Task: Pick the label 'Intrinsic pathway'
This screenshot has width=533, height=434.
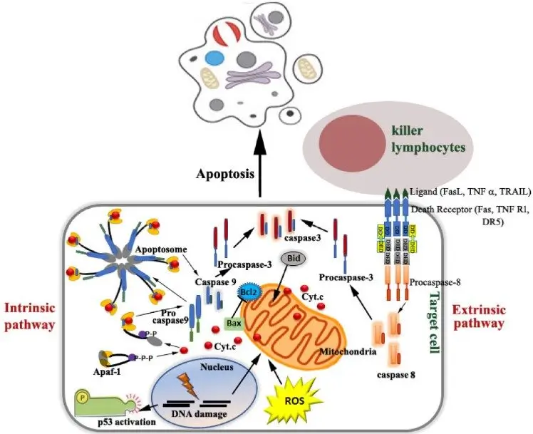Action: point(31,316)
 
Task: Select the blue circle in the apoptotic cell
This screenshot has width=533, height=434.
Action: point(212,57)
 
